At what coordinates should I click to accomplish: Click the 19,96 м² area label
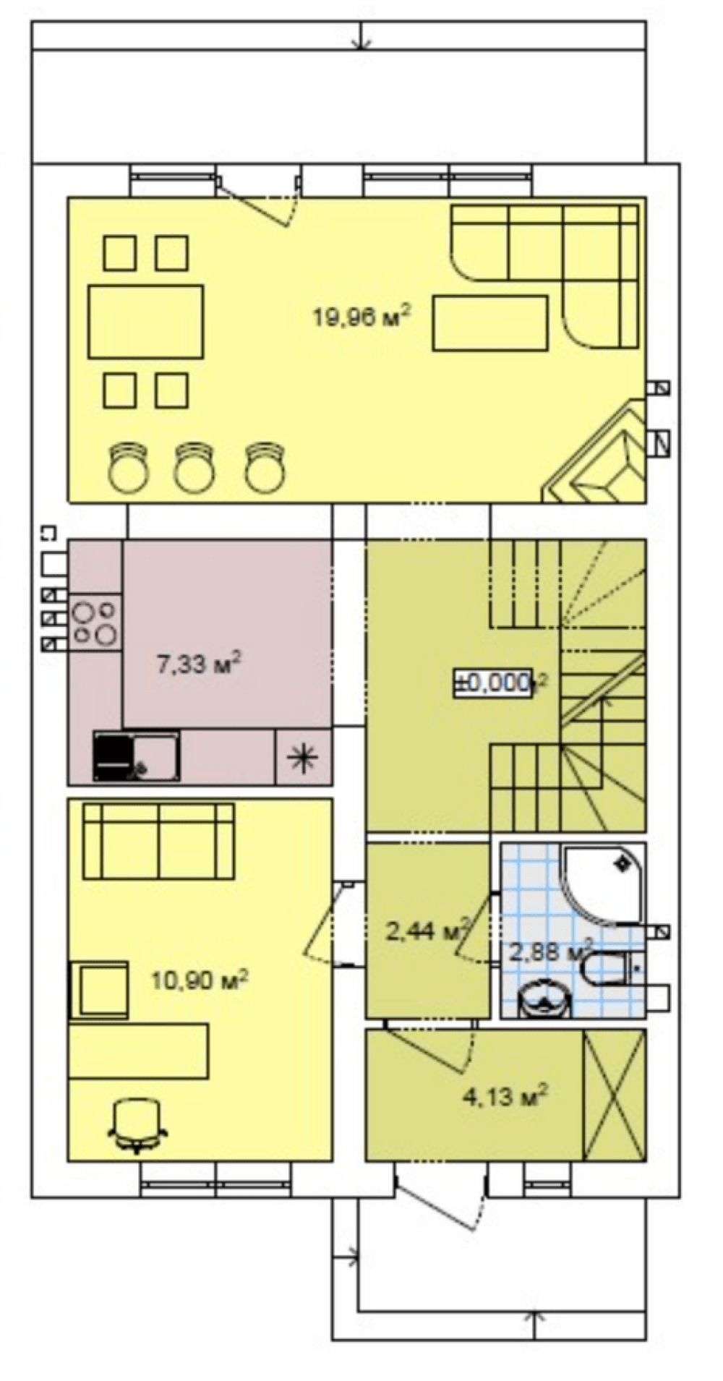pyautogui.click(x=361, y=316)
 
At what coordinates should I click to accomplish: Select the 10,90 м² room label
pyautogui.click(x=200, y=980)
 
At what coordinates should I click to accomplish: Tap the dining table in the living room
pyautogui.click(x=145, y=321)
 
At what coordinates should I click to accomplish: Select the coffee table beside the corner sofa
pyautogui.click(x=490, y=322)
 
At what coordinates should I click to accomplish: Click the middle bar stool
pyautogui.click(x=194, y=467)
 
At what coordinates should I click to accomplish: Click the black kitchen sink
pyautogui.click(x=136, y=756)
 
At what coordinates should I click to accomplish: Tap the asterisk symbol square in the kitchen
pyautogui.click(x=304, y=756)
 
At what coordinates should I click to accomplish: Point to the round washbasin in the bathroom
pyautogui.click(x=546, y=999)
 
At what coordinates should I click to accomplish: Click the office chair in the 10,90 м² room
pyautogui.click(x=137, y=1125)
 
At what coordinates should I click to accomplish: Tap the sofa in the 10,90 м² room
pyautogui.click(x=158, y=840)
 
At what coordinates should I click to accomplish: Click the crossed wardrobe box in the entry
pyautogui.click(x=614, y=1095)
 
